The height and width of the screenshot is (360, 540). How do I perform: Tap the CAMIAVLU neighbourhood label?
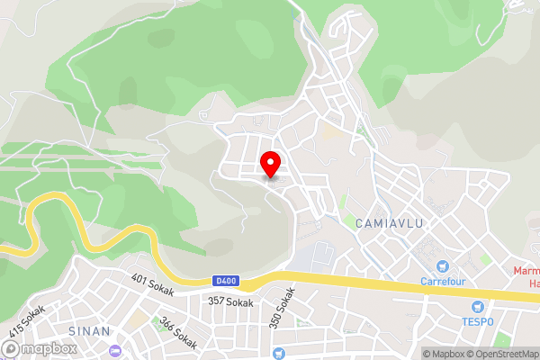point(390,222)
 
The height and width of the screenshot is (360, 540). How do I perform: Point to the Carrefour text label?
point(443,281)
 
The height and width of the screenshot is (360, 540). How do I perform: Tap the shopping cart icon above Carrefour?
point(442,266)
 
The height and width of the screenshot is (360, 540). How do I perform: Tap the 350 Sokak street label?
point(281,307)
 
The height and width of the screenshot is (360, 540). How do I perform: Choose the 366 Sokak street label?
point(177,333)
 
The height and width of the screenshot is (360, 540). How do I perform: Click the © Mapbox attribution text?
point(445,354)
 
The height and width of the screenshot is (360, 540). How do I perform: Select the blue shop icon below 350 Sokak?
point(278,353)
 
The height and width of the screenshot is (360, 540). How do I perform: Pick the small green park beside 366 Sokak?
point(137,319)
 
